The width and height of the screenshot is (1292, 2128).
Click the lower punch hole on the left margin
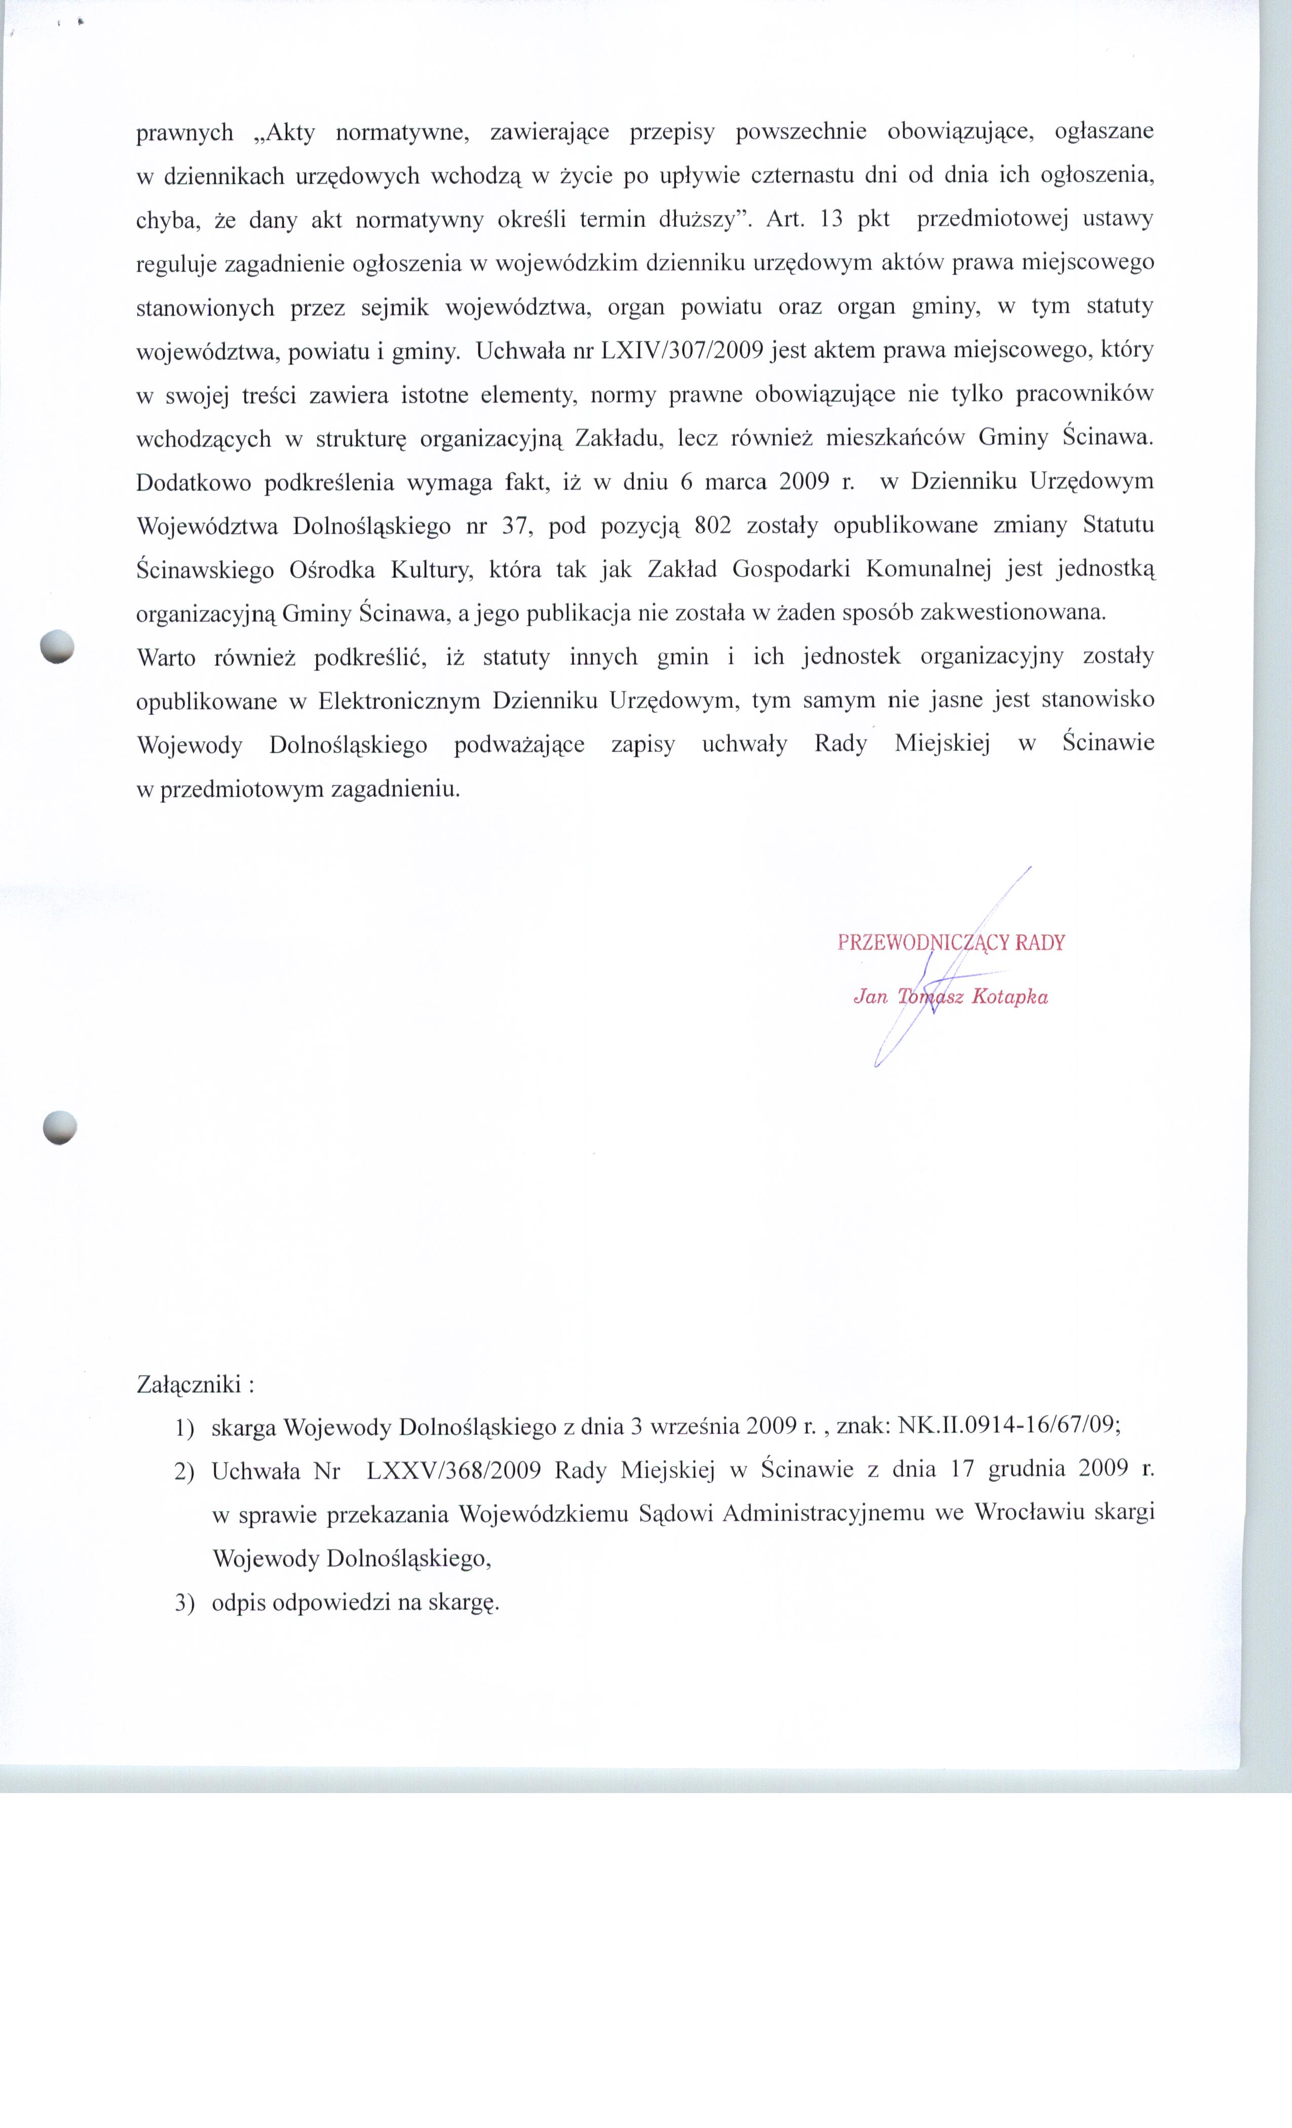point(60,1127)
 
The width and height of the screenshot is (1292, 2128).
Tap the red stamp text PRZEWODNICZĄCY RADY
point(951,942)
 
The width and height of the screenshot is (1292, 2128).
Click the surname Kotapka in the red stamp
point(1010,997)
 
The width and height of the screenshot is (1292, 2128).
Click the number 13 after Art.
point(831,219)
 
